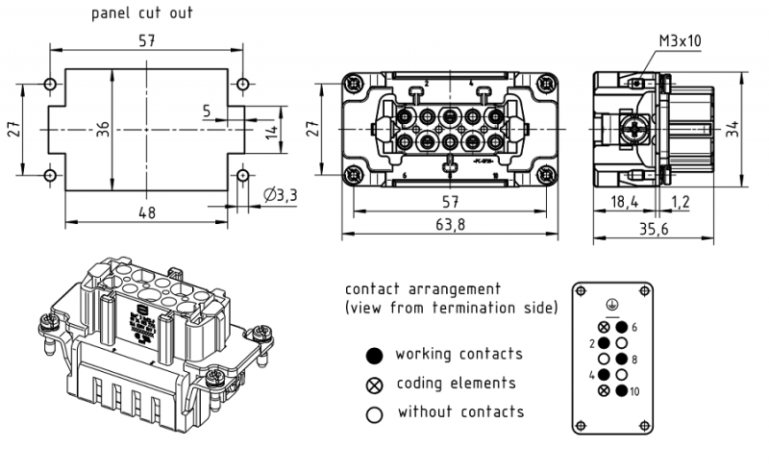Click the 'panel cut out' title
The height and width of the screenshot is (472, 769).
[x=142, y=13]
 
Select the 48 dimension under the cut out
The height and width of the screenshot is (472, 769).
[x=147, y=212]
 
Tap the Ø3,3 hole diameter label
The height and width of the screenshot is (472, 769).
[x=280, y=197]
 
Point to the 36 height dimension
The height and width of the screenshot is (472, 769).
[x=103, y=130]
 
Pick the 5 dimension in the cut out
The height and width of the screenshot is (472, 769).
[x=207, y=112]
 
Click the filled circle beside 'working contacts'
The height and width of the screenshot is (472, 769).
[x=374, y=354]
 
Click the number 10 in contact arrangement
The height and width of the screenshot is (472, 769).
[x=635, y=391]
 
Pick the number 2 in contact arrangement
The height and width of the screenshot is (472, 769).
[x=592, y=342]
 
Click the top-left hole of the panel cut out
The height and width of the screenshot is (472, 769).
[x=50, y=85]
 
